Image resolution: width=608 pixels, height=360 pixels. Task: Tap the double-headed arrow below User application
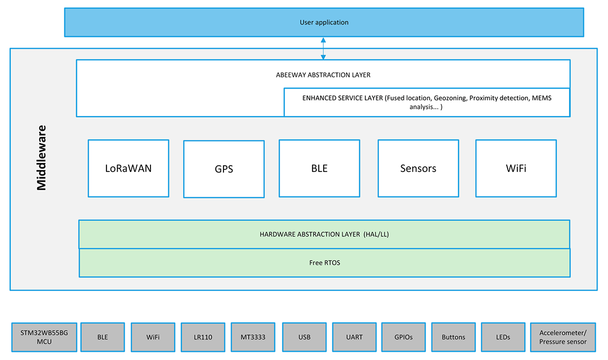pyautogui.click(x=323, y=48)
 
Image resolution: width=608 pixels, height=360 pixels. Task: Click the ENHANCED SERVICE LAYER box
pyautogui.click(x=427, y=102)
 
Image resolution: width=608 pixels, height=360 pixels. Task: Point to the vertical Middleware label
pyautogui.click(x=41, y=158)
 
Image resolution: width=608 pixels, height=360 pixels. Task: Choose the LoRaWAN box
pyautogui.click(x=128, y=168)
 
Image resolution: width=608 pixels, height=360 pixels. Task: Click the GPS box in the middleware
pyautogui.click(x=223, y=169)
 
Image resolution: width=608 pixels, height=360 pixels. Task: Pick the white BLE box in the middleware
pyautogui.click(x=319, y=168)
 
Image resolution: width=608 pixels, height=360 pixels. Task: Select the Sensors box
pyautogui.click(x=418, y=168)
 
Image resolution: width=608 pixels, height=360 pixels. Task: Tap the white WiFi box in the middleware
pyautogui.click(x=516, y=168)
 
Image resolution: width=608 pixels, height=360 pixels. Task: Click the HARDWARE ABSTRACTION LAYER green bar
pyautogui.click(x=324, y=234)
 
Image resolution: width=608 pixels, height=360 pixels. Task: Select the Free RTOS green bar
pyautogui.click(x=324, y=263)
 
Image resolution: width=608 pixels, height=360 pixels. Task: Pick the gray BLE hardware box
pyautogui.click(x=102, y=337)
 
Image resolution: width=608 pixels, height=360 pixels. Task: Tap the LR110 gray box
pyautogui.click(x=202, y=337)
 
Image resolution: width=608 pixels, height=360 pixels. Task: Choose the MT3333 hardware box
pyautogui.click(x=253, y=337)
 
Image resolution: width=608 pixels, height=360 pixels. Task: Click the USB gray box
pyautogui.click(x=304, y=337)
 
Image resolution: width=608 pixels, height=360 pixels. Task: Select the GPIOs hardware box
pyautogui.click(x=403, y=337)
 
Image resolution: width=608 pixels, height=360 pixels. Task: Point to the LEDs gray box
pyautogui.click(x=503, y=337)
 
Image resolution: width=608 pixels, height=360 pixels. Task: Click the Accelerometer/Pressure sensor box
pyautogui.click(x=562, y=337)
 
